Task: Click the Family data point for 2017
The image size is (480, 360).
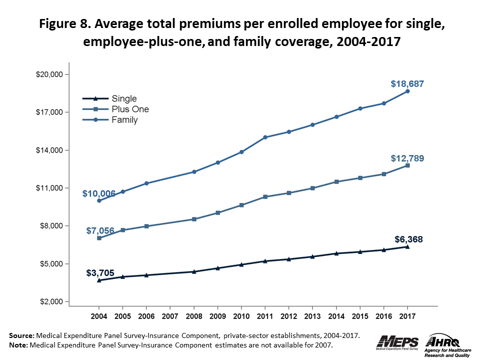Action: coord(407,91)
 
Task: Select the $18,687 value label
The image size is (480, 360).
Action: coord(407,84)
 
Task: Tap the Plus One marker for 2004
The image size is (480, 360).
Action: coord(99,238)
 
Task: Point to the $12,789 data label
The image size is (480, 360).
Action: coord(407,158)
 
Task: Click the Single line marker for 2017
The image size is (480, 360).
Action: coord(407,246)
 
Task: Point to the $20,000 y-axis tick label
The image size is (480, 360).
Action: coord(48,74)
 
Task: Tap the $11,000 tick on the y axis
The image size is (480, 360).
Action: coord(48,188)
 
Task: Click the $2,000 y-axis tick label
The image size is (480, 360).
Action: coord(49,301)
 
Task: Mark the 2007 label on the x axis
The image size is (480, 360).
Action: coord(170,316)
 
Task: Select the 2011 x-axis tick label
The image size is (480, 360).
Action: coord(265,316)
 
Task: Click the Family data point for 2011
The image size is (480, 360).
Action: coord(265,137)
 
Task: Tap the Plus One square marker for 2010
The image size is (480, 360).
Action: coord(241,205)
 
